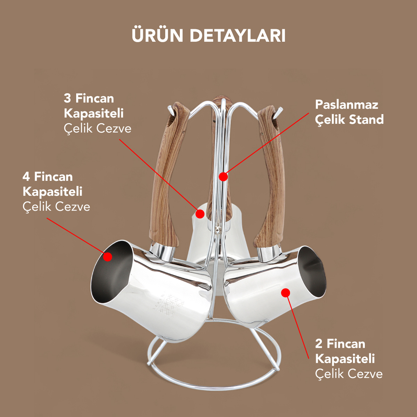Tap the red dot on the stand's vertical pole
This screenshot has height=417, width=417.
coord(223,177)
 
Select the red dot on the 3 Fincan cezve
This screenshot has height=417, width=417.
coord(200,214)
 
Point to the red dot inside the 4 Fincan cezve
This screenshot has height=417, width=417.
coord(108,257)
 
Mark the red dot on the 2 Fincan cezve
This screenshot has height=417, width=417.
coord(286,293)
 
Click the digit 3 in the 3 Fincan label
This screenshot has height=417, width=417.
coord(67,98)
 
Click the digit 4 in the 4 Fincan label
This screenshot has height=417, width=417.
coord(26,177)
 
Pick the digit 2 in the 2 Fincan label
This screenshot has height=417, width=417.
coord(319,344)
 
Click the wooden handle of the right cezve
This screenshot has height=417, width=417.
coord(273,174)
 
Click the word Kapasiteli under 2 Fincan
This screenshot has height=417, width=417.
coord(345,359)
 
